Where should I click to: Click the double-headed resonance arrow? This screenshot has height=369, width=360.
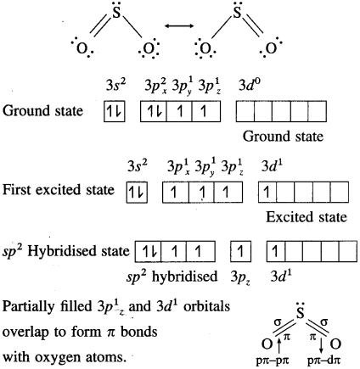click(179, 26)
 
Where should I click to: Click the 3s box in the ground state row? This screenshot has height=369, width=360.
click(115, 111)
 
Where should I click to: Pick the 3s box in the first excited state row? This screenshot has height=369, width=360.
click(137, 193)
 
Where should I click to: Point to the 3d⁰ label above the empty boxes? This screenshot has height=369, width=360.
click(250, 85)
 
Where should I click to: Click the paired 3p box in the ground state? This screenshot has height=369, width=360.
click(154, 111)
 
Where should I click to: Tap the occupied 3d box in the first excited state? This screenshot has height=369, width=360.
click(267, 193)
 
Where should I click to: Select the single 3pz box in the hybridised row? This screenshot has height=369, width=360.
click(240, 251)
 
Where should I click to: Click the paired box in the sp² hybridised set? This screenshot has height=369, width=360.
click(148, 251)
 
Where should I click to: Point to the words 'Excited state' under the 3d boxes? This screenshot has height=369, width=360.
click(307, 217)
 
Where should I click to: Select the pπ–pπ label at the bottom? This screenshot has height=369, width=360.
click(273, 361)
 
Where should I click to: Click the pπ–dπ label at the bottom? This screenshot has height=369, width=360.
click(323, 361)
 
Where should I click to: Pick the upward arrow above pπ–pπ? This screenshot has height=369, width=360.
click(279, 346)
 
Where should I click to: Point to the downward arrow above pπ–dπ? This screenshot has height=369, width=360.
click(321, 346)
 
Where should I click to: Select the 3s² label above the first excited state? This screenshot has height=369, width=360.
click(138, 166)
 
